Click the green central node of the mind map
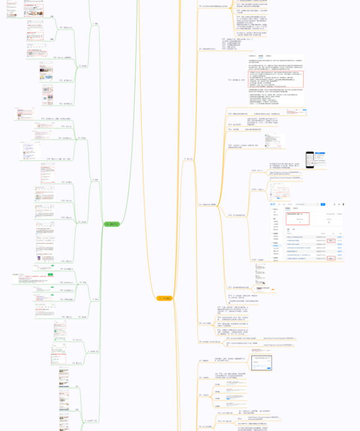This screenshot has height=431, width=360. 111,224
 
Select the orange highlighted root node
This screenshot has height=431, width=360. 166,298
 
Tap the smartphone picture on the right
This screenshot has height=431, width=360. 309,160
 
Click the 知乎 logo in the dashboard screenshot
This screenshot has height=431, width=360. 274,205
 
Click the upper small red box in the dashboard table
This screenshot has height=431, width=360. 332,241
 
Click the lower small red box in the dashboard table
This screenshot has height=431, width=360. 332,258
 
